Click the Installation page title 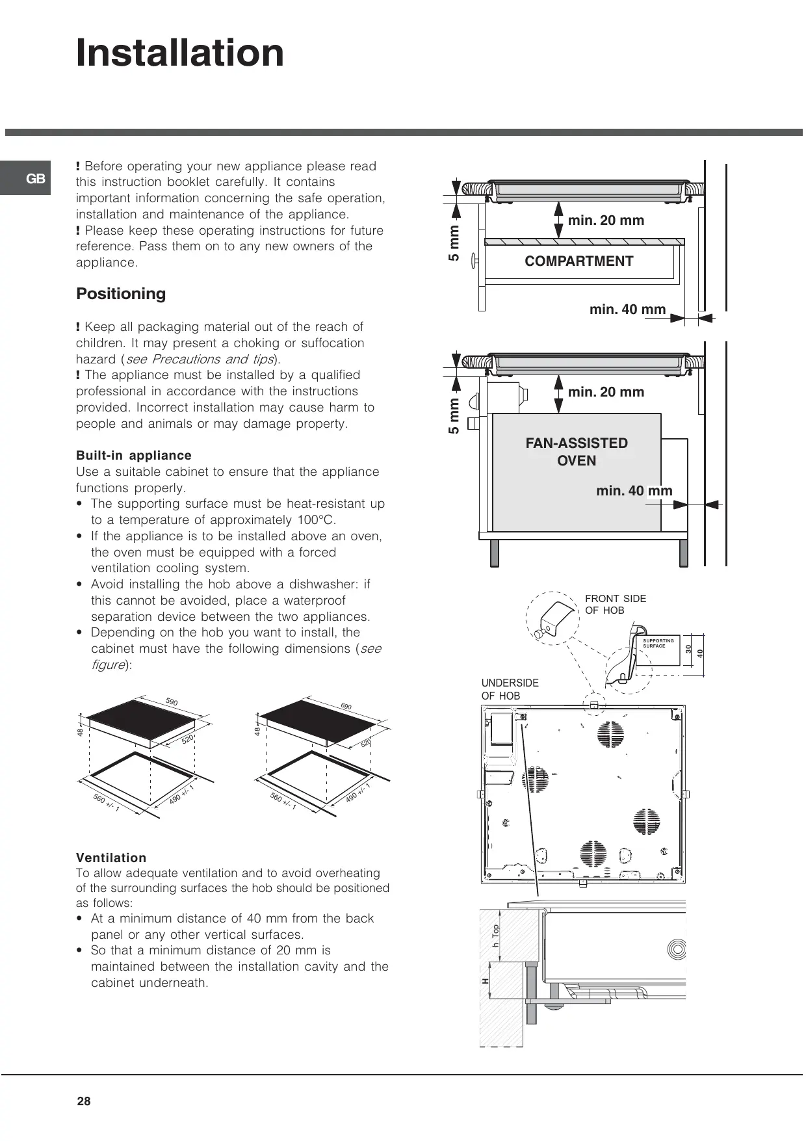pos(180,53)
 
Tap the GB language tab pos(36,179)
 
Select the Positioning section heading pos(121,294)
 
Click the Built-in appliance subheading pos(134,456)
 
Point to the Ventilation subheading pos(111,858)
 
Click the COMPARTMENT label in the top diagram pos(578,261)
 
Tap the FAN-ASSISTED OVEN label pos(577,452)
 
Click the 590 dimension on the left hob pos(172,702)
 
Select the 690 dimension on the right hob pos(346,706)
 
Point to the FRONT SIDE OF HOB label pos(615,604)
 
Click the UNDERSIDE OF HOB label pos(510,689)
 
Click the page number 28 pos(84,1101)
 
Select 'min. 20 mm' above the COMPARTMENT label pos(606,220)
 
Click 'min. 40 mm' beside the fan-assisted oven pos(634,491)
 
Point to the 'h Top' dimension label pos(496,935)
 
